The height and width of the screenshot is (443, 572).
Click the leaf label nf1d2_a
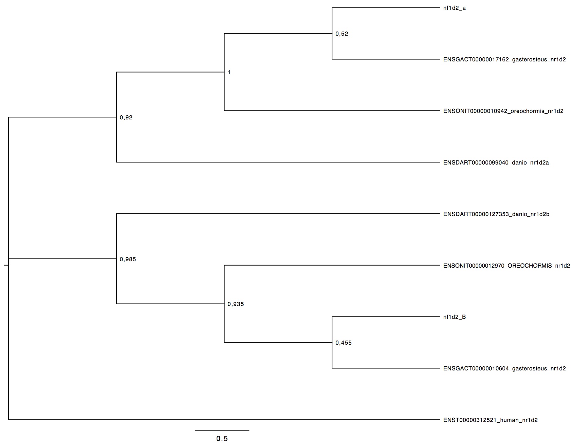click(x=454, y=8)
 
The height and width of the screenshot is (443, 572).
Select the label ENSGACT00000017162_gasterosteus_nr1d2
click(x=504, y=60)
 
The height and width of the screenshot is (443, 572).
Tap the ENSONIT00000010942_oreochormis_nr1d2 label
click(x=503, y=111)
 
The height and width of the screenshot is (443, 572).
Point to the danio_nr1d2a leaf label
click(x=496, y=162)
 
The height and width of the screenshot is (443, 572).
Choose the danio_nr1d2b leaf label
click(x=496, y=214)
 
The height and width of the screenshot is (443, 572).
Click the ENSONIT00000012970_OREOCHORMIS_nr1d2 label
click(x=506, y=266)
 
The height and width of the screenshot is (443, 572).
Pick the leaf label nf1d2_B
click(x=455, y=317)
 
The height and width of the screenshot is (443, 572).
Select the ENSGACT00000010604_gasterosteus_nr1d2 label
click(x=504, y=368)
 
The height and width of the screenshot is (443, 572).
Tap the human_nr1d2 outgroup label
click(x=491, y=420)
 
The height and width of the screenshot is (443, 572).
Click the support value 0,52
click(x=342, y=34)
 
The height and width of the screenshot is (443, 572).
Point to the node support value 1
click(x=229, y=73)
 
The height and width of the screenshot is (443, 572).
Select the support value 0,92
click(x=126, y=118)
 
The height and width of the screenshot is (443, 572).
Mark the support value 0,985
click(x=128, y=259)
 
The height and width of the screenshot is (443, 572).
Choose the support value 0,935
click(x=236, y=304)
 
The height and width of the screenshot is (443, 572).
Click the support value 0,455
click(x=344, y=343)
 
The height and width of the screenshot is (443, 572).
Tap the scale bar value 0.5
click(x=222, y=439)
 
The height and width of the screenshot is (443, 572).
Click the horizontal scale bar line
click(x=222, y=430)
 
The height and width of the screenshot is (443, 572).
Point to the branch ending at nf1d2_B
click(x=386, y=317)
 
